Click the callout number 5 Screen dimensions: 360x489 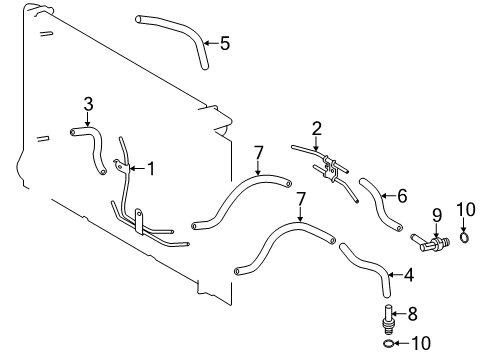[x=225, y=43]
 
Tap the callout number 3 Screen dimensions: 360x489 [x=88, y=103]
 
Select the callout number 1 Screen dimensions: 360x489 [x=151, y=168]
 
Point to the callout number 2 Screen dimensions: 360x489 [x=316, y=128]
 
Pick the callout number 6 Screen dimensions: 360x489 [x=402, y=196]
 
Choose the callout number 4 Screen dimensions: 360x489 [x=407, y=272]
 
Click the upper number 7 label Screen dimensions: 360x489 [x=258, y=152]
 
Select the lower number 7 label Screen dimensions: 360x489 [x=300, y=200]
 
